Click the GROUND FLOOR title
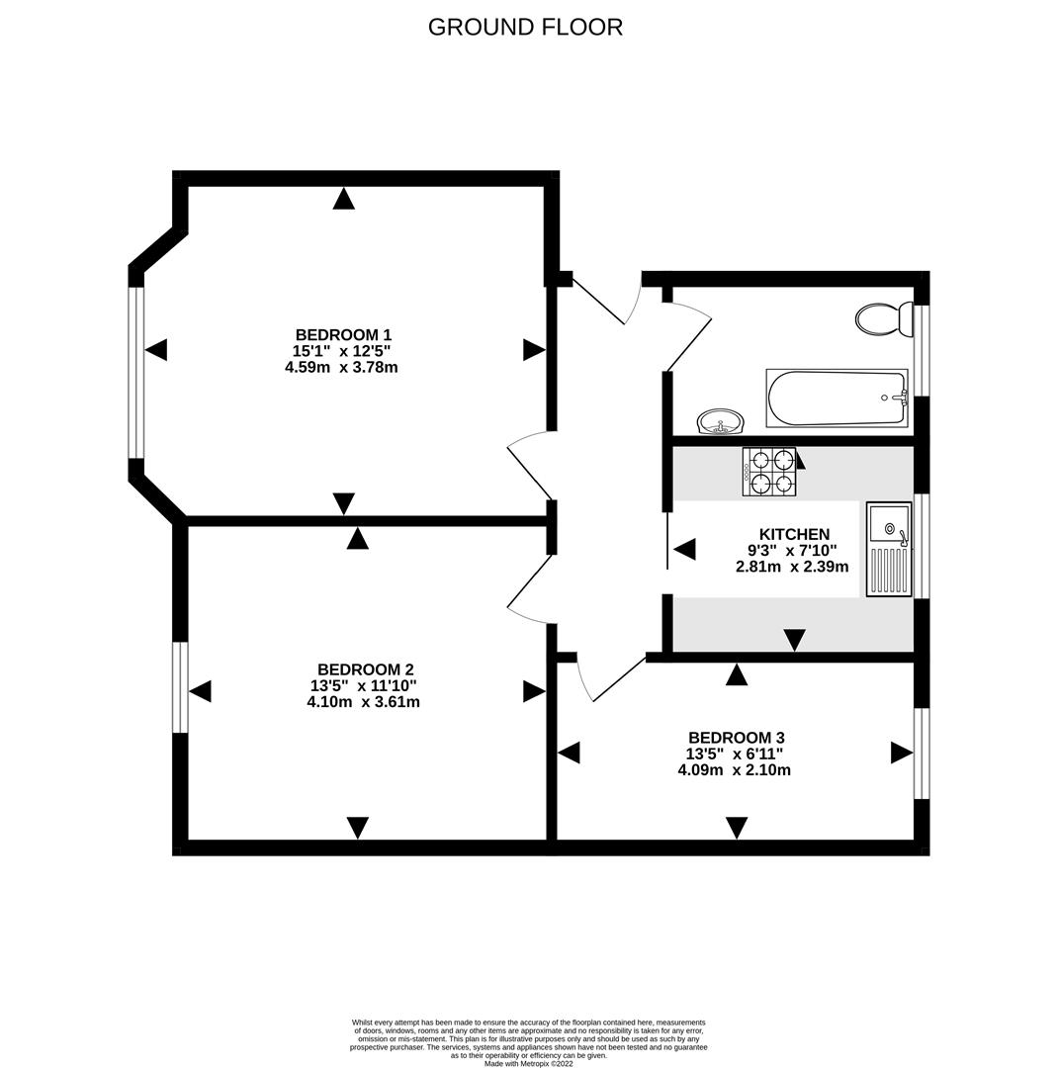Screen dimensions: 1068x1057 pyautogui.click(x=525, y=27)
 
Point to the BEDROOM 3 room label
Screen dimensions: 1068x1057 pyautogui.click(x=736, y=738)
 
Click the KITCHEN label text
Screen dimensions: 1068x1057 pyautogui.click(x=793, y=534)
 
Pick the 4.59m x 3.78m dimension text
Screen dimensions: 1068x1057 pyautogui.click(x=341, y=367)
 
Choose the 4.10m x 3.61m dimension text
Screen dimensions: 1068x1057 pyautogui.click(x=363, y=702)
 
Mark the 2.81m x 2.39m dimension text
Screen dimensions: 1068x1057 pyautogui.click(x=793, y=567)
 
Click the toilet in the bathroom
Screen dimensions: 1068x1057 pyautogui.click(x=883, y=319)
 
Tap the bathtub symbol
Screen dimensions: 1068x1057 pyautogui.click(x=837, y=399)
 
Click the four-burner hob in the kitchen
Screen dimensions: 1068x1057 pyautogui.click(x=768, y=472)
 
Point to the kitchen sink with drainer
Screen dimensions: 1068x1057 pyautogui.click(x=888, y=549)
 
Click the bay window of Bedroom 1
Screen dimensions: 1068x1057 pyautogui.click(x=136, y=372)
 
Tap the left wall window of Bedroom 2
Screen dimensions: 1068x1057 pyautogui.click(x=180, y=687)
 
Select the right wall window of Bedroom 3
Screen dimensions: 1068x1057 pyautogui.click(x=921, y=753)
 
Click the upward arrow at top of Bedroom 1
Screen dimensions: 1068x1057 pyautogui.click(x=343, y=199)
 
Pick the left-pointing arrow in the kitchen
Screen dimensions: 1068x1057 pyautogui.click(x=684, y=549)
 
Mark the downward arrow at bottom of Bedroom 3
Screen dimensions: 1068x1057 pyautogui.click(x=737, y=827)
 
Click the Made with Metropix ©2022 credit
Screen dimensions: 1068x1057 pyautogui.click(x=528, y=1063)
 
